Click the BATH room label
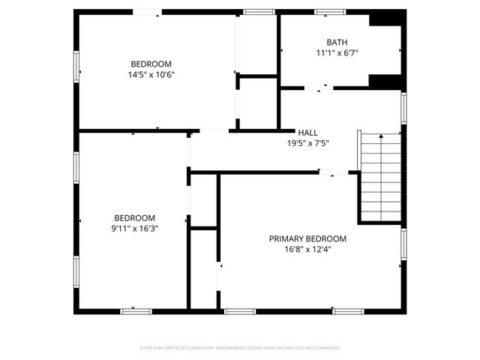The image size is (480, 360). pos(337,42)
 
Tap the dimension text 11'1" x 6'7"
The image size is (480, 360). pos(337,52)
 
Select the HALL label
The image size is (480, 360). pos(307,132)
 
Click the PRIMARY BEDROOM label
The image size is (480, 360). pos(307,238)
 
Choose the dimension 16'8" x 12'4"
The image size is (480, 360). pos(307,249)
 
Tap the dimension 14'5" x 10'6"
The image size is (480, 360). pos(151,74)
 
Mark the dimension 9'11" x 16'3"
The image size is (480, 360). pos(134,228)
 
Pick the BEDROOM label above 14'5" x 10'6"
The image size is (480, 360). pos(151,64)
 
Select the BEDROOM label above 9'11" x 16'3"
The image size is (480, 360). pos(134,217)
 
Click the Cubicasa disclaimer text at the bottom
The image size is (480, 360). pos(240,348)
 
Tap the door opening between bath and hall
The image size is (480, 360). pos(318,88)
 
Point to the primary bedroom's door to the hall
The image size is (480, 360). pos(333,172)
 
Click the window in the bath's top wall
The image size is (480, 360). pos(328,11)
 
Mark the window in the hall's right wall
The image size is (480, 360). pos(403,107)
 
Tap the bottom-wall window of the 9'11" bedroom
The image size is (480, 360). pos(136,310)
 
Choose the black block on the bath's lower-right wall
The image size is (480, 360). pos(386,81)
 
